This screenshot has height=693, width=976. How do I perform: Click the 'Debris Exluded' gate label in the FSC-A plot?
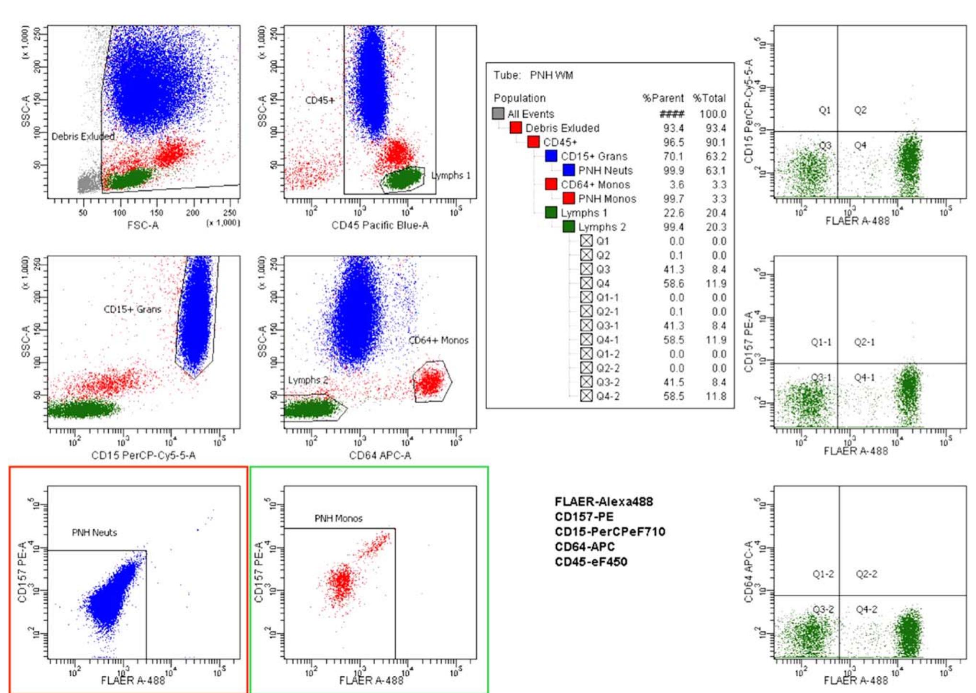tap(83, 136)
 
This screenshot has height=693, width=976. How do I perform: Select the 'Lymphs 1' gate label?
tap(450, 175)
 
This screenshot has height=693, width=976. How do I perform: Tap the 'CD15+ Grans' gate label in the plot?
tap(132, 309)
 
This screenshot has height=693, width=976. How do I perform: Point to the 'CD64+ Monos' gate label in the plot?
tap(438, 341)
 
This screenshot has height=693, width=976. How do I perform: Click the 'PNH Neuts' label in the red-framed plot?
tap(94, 533)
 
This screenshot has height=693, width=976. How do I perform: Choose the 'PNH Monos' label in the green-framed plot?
tap(338, 518)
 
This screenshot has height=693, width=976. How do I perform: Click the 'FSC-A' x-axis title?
tap(143, 225)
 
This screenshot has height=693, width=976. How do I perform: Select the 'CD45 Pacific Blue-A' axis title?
tap(380, 225)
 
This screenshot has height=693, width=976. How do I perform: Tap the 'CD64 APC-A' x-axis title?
tap(380, 455)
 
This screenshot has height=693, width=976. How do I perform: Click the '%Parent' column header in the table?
tap(663, 98)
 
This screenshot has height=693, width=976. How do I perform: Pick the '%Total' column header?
tap(709, 98)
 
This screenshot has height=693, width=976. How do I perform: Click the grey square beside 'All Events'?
tap(498, 114)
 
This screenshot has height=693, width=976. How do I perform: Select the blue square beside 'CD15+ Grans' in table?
tap(551, 156)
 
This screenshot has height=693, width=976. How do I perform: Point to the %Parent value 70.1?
tap(674, 156)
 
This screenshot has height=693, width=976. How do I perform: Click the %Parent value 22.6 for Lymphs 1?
tap(674, 213)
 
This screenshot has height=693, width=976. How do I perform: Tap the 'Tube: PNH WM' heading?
tap(533, 75)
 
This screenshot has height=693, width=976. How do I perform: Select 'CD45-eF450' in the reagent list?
tap(591, 561)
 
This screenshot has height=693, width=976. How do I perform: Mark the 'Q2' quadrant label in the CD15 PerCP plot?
tap(860, 110)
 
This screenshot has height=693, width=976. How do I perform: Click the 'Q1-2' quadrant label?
tap(823, 574)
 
